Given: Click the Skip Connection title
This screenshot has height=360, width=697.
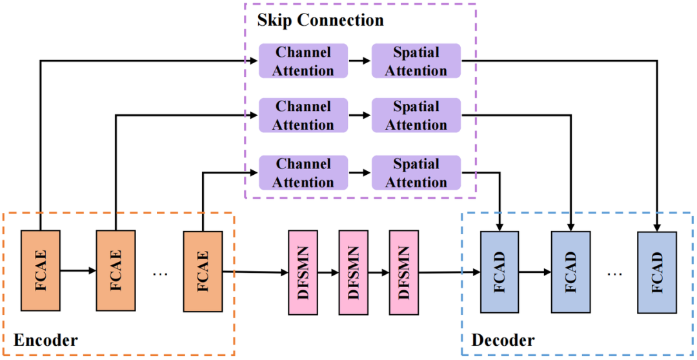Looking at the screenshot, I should point(320,20).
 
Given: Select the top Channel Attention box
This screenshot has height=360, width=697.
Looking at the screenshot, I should point(303,61).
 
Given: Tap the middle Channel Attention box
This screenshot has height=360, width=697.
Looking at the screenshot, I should point(303,115).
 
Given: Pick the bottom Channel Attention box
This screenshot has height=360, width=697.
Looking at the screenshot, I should point(303,173).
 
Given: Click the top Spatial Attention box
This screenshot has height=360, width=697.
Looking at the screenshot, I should point(416,61).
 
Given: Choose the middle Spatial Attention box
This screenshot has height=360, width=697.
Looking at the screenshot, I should point(416,115).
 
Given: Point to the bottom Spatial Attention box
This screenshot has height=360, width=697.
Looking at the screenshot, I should point(416,173).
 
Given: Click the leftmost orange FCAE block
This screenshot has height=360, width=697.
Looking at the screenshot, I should point(40,271).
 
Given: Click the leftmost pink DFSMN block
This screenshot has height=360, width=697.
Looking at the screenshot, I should point(302,272).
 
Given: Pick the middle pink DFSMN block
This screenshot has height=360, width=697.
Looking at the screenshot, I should point(353,272).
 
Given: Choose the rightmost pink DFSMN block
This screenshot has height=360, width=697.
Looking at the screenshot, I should point(404,272).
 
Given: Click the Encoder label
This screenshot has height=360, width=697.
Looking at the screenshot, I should point(45,340).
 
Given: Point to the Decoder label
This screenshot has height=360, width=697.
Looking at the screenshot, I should point(503,340).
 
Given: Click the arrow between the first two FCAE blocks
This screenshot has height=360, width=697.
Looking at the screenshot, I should point(77,271).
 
